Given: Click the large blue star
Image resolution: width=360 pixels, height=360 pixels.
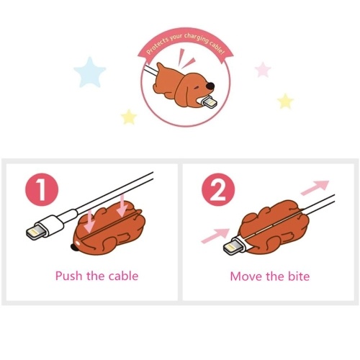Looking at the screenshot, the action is (90, 73).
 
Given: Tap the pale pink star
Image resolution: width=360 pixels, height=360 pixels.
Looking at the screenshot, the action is (263, 70).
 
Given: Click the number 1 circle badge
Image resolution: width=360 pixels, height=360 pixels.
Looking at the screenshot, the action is (42, 189).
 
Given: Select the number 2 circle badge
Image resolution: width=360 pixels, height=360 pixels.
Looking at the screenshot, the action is (218, 189).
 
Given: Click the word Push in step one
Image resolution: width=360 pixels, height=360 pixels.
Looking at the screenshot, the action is (69, 276).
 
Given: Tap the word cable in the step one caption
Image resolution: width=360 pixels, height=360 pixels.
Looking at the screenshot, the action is (123, 276).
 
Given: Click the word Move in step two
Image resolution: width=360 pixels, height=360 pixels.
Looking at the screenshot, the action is (246, 276).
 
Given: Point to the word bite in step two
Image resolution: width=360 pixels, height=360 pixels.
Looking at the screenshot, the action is (299, 276).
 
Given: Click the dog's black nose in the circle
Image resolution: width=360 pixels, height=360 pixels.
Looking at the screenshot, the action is (210, 86).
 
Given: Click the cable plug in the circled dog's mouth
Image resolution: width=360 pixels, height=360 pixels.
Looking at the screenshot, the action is (208, 102).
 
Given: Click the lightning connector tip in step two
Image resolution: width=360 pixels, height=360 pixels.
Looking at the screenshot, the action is (231, 248).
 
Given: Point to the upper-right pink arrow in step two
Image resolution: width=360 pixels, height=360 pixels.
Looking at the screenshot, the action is (315, 188).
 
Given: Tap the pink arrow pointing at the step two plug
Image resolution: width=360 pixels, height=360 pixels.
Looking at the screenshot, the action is (215, 236).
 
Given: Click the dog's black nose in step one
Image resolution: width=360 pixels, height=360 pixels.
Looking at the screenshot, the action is (73, 246).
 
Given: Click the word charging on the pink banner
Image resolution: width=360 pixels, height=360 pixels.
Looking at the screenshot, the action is (196, 39).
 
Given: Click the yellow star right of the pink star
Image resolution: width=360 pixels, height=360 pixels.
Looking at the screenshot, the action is (285, 102).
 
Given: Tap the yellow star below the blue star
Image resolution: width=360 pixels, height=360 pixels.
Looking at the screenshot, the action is (129, 117).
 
